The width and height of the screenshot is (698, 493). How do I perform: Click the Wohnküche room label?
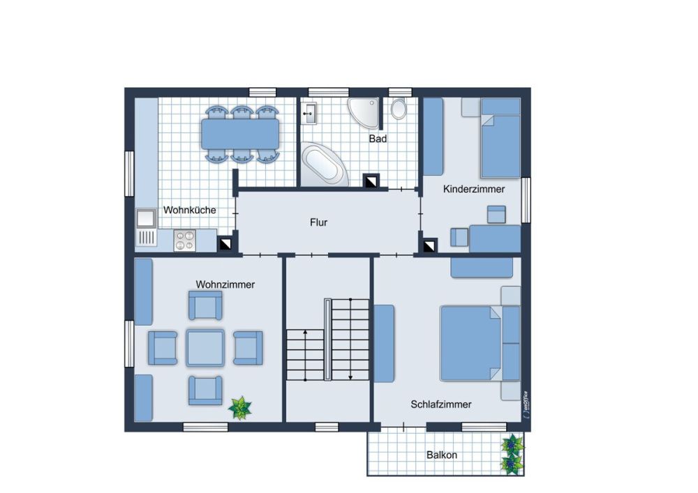[190, 210]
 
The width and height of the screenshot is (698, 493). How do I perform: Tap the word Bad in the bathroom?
[378, 139]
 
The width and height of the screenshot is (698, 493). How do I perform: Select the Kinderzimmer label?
[474, 189]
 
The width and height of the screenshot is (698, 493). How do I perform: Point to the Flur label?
[319, 222]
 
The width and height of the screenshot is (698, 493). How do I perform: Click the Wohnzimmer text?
[225, 285]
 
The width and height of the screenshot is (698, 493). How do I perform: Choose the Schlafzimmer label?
[440, 404]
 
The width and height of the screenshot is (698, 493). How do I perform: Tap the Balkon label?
[442, 455]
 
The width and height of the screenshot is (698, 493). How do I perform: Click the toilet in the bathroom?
[399, 108]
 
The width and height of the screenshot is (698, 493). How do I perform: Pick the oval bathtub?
[324, 165]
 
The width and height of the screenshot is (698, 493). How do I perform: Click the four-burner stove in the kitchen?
[185, 241]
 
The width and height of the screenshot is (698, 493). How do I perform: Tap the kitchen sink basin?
[146, 219]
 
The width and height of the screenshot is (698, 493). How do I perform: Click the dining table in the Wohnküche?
[240, 134]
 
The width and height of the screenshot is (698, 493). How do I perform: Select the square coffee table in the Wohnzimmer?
[205, 348]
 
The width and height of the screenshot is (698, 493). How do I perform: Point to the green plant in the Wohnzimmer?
[240, 408]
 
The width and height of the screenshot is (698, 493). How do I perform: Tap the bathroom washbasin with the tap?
[309, 114]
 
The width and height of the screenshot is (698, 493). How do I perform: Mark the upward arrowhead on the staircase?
[306, 332]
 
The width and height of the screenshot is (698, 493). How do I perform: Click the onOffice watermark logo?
[526, 404]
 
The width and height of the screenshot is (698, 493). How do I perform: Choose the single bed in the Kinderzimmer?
[500, 138]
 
